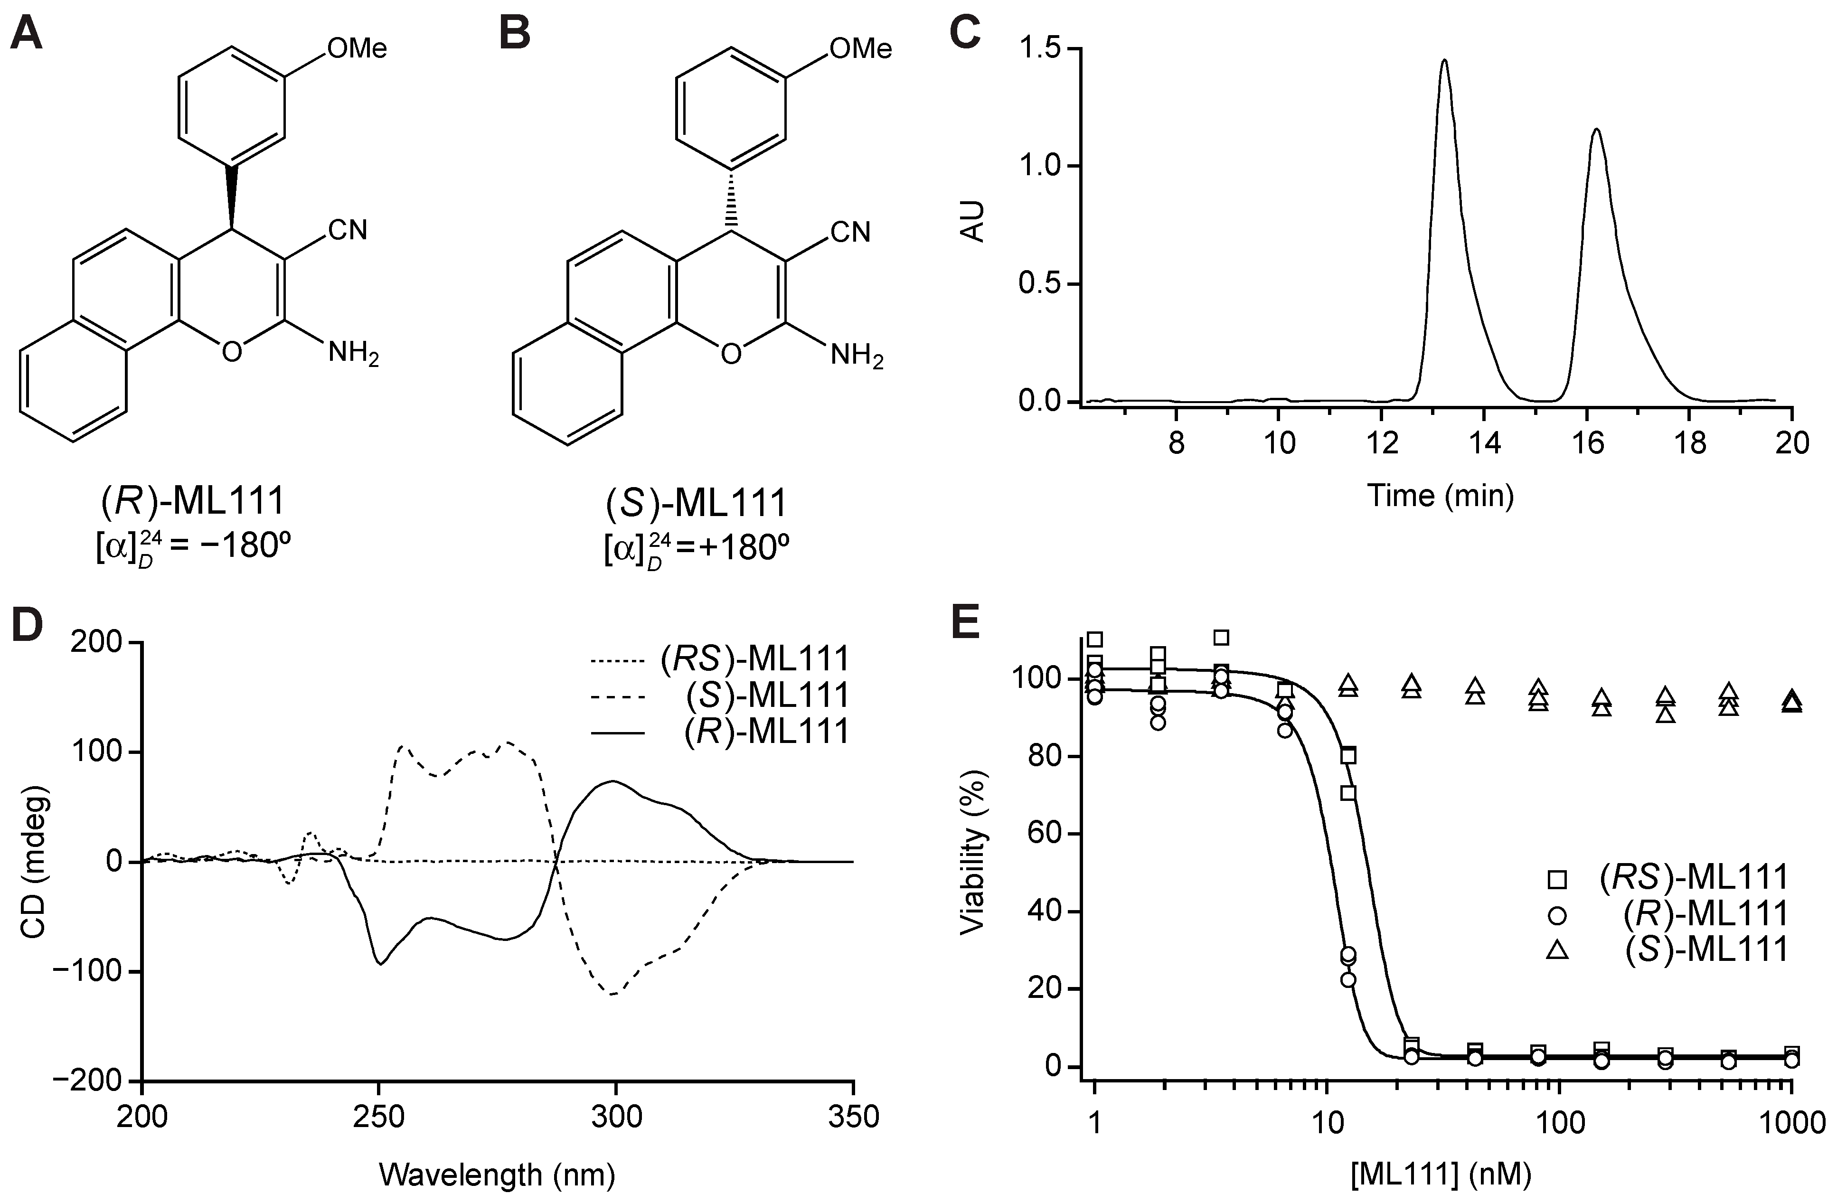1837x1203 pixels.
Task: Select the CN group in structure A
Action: pos(348,230)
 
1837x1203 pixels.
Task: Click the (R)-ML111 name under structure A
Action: pos(193,502)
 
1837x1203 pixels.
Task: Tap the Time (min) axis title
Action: pos(1440,495)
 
